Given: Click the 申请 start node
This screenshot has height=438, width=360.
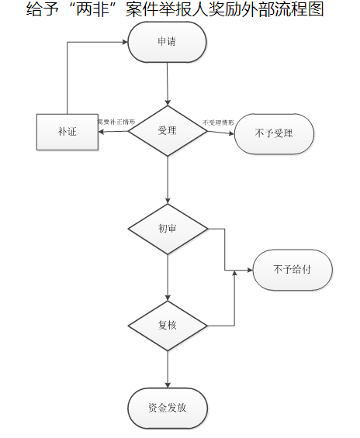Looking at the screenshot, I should [x=167, y=42].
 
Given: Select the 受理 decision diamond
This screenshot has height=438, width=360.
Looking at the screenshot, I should [x=168, y=130].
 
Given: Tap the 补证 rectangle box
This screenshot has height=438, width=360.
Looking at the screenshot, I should [x=67, y=132].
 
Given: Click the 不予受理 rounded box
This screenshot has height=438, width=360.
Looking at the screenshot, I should [x=273, y=133].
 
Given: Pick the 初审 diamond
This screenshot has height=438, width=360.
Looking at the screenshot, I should [x=168, y=229].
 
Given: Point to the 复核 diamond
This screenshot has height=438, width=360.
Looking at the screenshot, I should [x=168, y=325].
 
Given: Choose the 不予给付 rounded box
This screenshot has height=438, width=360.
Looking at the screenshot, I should [x=292, y=271].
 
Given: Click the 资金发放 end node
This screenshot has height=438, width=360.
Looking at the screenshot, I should [x=167, y=407].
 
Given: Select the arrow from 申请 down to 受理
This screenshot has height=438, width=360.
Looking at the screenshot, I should [x=168, y=84].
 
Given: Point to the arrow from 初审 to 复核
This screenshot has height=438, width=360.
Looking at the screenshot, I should [x=168, y=277].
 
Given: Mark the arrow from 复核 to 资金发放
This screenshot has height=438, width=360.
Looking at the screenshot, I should [x=168, y=367].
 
